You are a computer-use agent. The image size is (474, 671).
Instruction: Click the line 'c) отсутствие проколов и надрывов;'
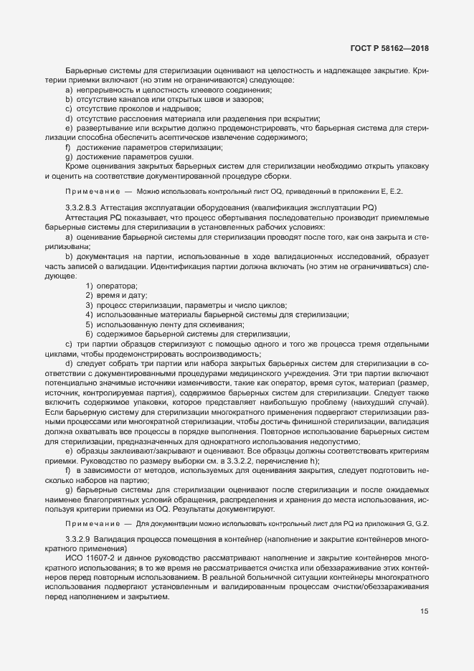coord(133,109)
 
